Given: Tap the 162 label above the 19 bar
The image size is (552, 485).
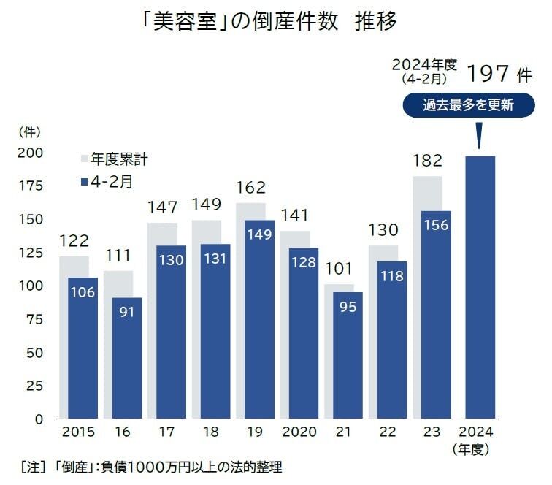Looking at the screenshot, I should [x=250, y=188].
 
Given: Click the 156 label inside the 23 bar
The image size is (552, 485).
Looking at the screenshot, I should [x=437, y=226].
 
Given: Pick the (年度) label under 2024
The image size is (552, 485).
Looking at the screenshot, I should [x=476, y=447].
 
